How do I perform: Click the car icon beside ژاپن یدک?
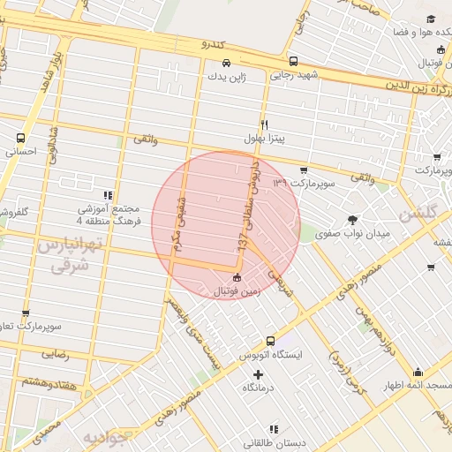[x=227, y=64]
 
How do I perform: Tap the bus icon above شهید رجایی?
[x=293, y=62]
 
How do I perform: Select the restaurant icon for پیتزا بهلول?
[x=263, y=124]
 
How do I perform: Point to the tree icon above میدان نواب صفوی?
[x=353, y=219]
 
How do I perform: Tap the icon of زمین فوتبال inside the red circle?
[x=236, y=278]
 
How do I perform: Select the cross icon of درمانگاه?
[x=258, y=375]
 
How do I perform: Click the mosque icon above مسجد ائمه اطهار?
[x=418, y=373]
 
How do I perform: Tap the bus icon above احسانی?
[x=20, y=138]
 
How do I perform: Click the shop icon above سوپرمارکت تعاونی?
[x=26, y=313]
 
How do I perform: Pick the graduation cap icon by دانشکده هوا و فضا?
[x=430, y=19]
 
